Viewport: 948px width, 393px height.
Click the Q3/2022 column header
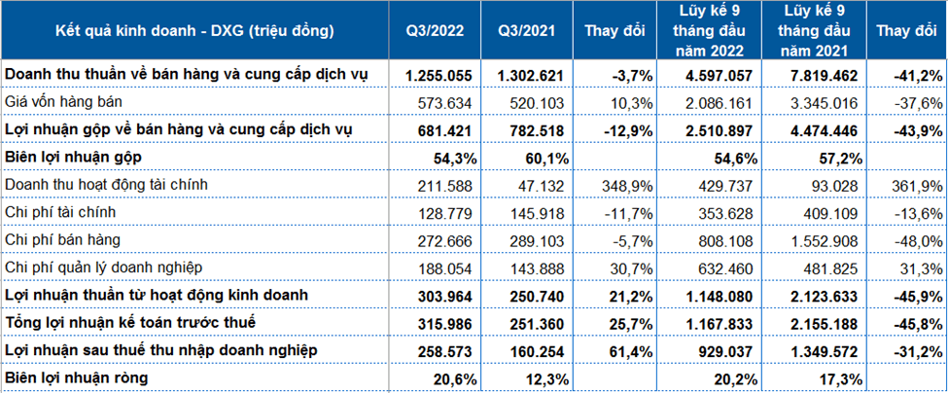point(435,31)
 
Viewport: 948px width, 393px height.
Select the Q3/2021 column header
point(528,31)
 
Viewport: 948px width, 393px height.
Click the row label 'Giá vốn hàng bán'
point(63,103)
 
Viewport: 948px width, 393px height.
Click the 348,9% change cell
point(631,186)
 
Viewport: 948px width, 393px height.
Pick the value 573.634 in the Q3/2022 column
point(446,103)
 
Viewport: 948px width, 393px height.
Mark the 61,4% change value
point(634,350)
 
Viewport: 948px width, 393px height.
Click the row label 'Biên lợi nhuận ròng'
point(76,378)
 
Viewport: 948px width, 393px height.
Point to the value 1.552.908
point(825,240)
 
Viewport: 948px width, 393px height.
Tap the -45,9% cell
point(919,296)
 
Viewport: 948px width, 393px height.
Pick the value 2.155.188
point(825,323)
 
